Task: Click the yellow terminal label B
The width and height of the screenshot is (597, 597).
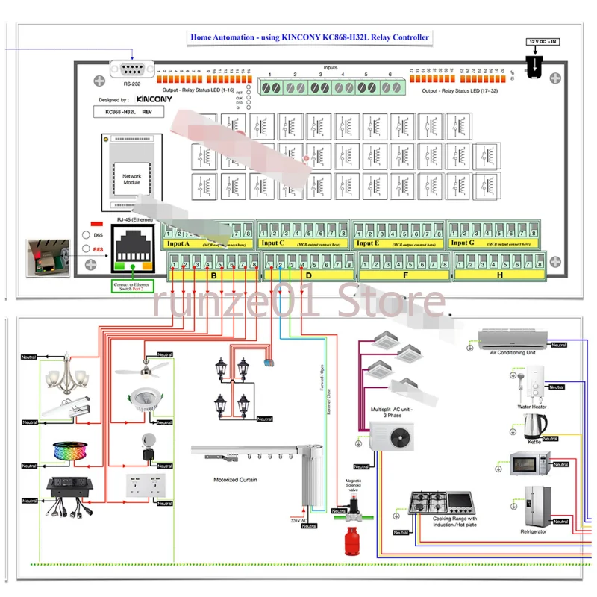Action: [x=213, y=275]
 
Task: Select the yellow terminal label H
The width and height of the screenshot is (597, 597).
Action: [x=499, y=275]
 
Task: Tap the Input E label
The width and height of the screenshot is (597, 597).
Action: [x=367, y=243]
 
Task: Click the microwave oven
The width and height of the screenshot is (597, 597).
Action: [x=529, y=463]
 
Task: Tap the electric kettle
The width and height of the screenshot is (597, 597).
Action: [x=534, y=426]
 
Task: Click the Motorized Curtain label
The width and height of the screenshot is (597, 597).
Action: [x=235, y=480]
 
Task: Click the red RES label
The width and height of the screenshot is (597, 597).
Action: [x=98, y=249]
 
